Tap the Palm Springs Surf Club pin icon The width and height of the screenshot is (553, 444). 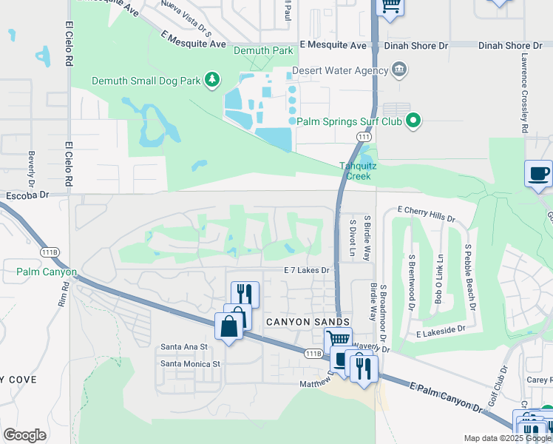(414, 119)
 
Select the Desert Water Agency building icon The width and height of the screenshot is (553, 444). (399, 71)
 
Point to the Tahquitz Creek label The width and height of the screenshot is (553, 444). (358, 171)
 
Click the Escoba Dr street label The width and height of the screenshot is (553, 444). (27, 195)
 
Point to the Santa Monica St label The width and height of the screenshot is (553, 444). (191, 363)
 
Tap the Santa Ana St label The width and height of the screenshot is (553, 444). (184, 346)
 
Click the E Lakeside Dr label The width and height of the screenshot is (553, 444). (441, 332)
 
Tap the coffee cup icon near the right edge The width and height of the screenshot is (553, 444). (538, 175)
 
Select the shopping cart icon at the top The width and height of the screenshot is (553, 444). (390, 6)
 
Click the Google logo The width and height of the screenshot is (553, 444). (25, 435)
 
